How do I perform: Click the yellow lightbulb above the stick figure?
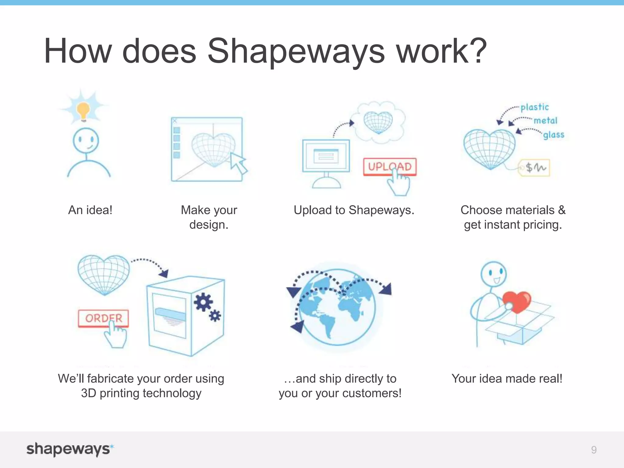[83, 110]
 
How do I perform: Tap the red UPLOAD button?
[389, 166]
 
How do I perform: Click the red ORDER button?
[103, 318]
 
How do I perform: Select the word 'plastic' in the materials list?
[534, 107]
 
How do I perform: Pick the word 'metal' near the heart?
[545, 121]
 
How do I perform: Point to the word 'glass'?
[554, 135]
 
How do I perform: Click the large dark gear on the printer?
[203, 302]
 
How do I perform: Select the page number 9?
[594, 450]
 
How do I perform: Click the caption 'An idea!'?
[90, 210]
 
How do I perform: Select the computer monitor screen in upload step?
[326, 156]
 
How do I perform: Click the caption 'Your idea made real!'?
[507, 378]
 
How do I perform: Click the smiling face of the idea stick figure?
[86, 140]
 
